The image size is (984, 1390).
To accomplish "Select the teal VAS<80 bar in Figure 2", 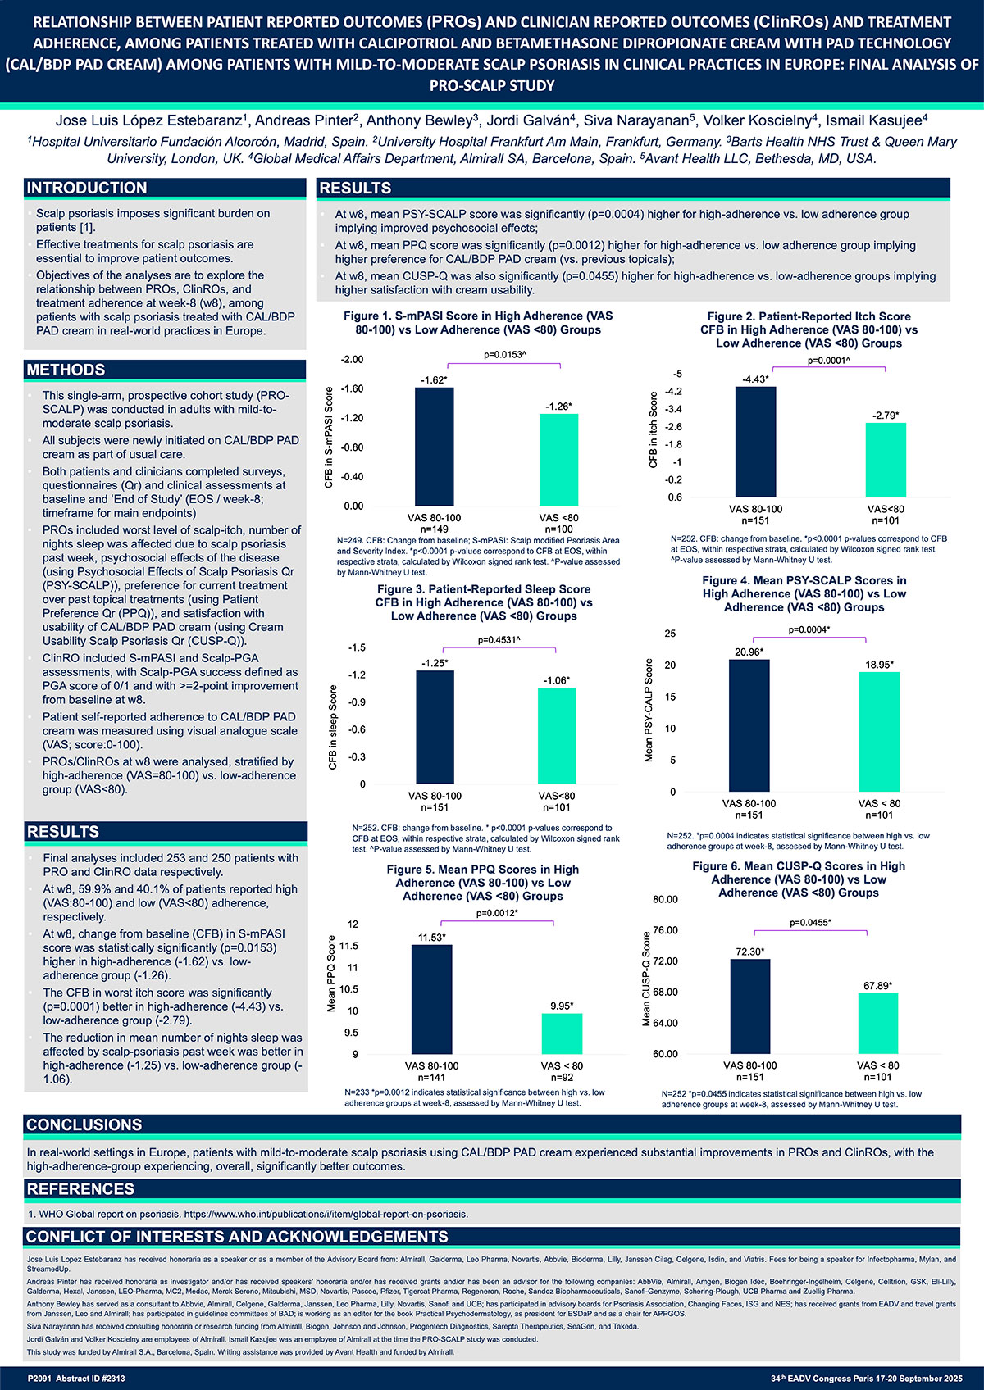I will click(x=886, y=460).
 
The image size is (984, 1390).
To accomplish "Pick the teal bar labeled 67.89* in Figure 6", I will click(x=878, y=1024).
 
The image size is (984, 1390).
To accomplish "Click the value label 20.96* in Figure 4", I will click(x=749, y=652).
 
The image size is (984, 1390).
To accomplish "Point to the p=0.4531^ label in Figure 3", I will click(x=499, y=640).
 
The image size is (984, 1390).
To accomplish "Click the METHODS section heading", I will click(x=66, y=370).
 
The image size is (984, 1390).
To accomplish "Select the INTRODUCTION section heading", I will click(x=87, y=188).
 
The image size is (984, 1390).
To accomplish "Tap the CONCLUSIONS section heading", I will click(x=84, y=1125).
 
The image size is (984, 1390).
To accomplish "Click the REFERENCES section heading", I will click(x=80, y=1189).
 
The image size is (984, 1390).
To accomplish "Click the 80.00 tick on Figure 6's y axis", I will click(x=665, y=900).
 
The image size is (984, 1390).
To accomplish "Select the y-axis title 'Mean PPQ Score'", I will click(x=331, y=974).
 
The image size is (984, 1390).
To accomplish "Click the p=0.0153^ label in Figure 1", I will click(x=504, y=354).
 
